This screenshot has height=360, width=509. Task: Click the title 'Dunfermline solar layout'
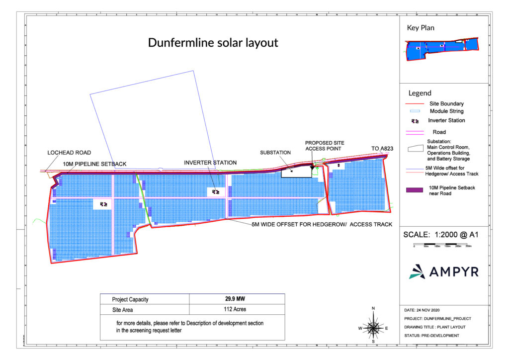click(x=213, y=43)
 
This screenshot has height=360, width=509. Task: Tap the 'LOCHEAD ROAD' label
click(x=69, y=153)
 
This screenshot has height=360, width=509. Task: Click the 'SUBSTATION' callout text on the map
click(x=275, y=153)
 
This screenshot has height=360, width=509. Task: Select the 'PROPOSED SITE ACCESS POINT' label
click(x=325, y=146)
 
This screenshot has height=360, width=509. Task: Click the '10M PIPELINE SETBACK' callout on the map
click(x=95, y=164)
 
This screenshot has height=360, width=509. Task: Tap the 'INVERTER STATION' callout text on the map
click(x=210, y=163)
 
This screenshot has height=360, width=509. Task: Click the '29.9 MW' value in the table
click(x=237, y=299)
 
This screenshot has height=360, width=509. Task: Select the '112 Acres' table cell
click(x=237, y=309)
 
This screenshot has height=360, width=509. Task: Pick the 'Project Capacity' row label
click(x=130, y=299)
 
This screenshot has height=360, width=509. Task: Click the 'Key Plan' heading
click(x=421, y=28)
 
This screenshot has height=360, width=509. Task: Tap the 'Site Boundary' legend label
click(x=446, y=103)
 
